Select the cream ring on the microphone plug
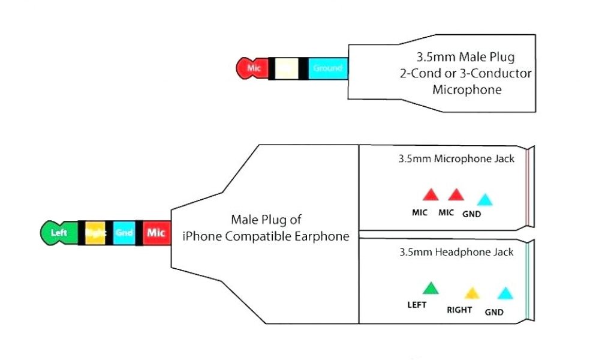287,68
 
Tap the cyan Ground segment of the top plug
327,68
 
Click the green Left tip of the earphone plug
58,233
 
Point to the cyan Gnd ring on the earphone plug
124,233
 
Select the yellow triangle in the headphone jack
472,293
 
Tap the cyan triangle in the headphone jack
505,293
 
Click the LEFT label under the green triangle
417,305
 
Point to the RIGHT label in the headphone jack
459,310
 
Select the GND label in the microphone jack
472,214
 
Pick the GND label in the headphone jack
494,312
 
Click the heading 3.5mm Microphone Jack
456,160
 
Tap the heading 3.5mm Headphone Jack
456,252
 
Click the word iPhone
201,236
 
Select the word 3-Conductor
499,74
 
